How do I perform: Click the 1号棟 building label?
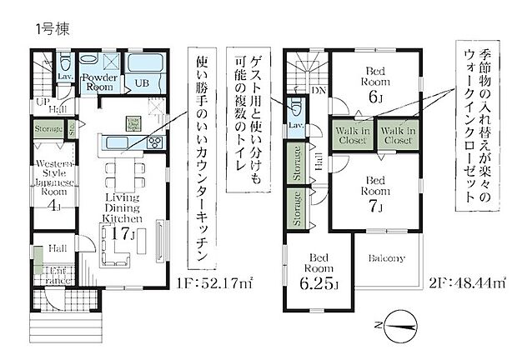tap(52, 27)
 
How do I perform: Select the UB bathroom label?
tap(143, 84)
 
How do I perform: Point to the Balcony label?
tap(387, 258)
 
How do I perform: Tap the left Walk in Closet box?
tap(354, 135)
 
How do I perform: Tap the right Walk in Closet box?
tap(398, 135)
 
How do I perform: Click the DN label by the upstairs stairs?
tap(318, 90)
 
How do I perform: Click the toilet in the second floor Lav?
tap(297, 107)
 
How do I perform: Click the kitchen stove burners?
tap(154, 142)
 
